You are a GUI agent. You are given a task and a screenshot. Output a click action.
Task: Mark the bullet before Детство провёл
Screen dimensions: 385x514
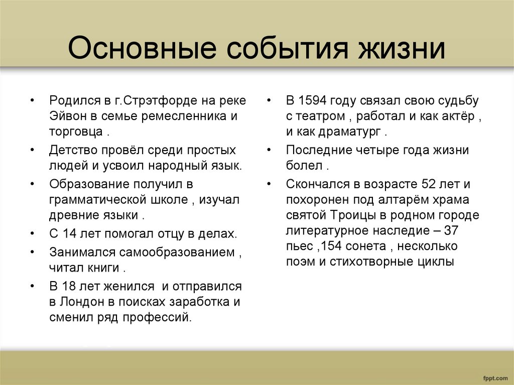pyautogui.click(x=33, y=150)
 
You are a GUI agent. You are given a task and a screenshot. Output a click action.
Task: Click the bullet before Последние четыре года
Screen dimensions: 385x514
pyautogui.click(x=270, y=150)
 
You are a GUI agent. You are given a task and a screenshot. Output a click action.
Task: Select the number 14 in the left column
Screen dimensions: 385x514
pyautogui.click(x=69, y=233)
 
